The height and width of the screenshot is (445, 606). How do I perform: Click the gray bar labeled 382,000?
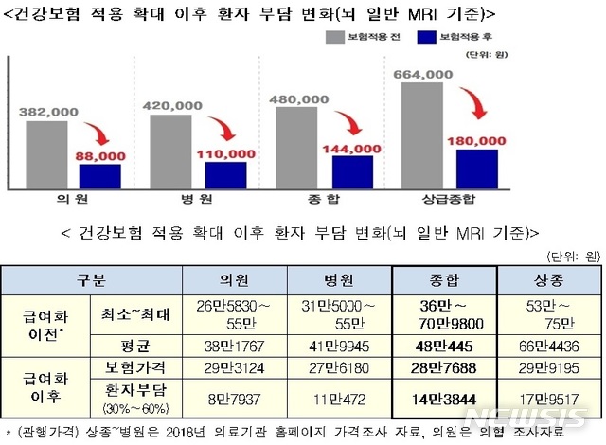pyautogui.click(x=46, y=155)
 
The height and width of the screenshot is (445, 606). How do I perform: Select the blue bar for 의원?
pyautogui.click(x=99, y=177)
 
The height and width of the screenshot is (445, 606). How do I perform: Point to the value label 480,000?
pyautogui.click(x=303, y=98)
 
